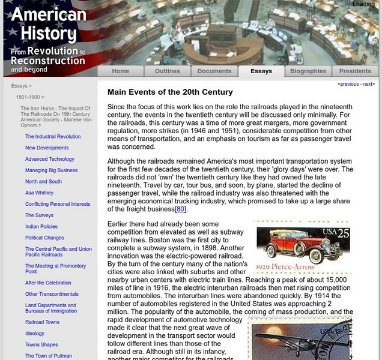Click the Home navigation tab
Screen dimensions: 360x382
click(x=120, y=71)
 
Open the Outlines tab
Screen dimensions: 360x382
click(x=167, y=71)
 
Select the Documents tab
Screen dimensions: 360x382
click(x=214, y=71)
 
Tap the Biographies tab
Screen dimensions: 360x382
click(x=308, y=71)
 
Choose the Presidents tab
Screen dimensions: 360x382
click(x=355, y=71)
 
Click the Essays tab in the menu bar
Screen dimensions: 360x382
click(x=261, y=71)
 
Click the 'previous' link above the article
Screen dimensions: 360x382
click(x=350, y=85)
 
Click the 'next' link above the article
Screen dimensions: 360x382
click(x=368, y=85)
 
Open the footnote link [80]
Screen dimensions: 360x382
click(x=181, y=209)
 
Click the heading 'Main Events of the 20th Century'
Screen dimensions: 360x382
click(x=170, y=92)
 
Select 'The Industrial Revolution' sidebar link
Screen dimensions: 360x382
click(x=53, y=137)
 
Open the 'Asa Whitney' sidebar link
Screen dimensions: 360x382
click(x=39, y=193)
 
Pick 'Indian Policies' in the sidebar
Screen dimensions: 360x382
click(x=41, y=226)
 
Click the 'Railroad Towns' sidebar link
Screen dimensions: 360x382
click(x=42, y=322)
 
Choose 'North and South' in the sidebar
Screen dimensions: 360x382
click(x=43, y=181)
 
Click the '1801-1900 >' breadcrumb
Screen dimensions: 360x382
click(x=30, y=97)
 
